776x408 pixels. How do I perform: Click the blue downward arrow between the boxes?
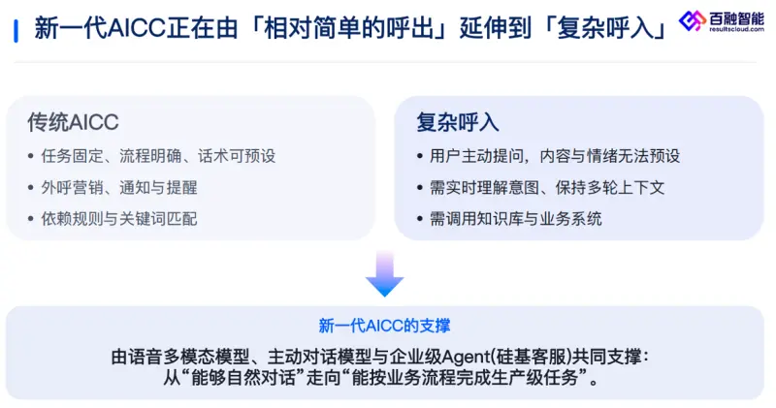point(384,274)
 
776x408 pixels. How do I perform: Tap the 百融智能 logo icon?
point(692,20)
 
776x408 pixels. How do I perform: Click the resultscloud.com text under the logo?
point(736,30)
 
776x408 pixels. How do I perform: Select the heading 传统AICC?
point(74,122)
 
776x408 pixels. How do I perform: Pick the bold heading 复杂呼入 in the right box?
point(458,122)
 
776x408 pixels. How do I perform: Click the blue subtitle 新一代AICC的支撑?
point(384,326)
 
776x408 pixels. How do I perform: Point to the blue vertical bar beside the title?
point(16,31)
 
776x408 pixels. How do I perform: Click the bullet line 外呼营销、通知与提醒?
point(119,187)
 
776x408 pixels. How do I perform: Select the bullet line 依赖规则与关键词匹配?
point(119,219)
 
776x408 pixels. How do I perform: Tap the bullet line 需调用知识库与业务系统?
point(516,219)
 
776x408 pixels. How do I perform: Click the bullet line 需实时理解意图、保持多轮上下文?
point(547,187)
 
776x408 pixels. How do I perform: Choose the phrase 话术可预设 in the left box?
point(237,156)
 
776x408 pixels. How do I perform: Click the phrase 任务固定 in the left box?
point(72,156)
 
